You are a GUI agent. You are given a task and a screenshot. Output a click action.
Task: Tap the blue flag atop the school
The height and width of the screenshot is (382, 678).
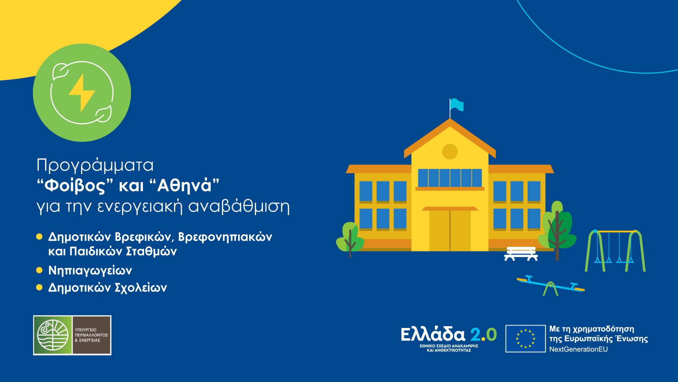[x=457, y=105]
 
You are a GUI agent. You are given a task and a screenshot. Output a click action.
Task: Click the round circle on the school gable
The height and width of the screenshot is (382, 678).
[x=450, y=152]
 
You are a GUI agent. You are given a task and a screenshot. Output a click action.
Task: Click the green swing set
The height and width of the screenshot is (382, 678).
[x=615, y=250]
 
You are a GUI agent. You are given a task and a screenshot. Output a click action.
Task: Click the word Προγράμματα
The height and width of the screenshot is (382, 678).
[x=95, y=165]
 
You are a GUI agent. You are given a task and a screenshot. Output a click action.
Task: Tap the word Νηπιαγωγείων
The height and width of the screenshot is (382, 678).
[x=90, y=271]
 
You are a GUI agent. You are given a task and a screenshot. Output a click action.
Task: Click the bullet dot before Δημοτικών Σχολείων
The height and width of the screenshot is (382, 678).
[x=39, y=287]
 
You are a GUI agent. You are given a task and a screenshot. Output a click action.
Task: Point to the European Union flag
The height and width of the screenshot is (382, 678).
[x=525, y=339]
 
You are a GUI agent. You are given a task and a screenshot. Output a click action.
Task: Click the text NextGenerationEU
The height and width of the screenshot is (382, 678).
[x=578, y=349]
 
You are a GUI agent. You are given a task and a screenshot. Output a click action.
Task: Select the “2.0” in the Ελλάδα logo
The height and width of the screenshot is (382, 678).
[x=483, y=335]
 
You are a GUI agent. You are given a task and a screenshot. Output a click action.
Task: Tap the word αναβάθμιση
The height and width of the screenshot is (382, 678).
[x=239, y=206]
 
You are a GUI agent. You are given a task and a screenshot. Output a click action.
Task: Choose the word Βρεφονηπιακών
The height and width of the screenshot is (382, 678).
[x=225, y=237]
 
